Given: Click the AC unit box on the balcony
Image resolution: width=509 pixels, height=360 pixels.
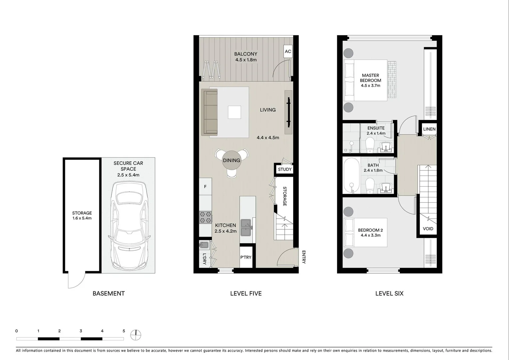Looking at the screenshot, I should pos(288,51).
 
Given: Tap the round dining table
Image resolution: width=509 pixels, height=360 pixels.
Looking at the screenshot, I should pos(232,161).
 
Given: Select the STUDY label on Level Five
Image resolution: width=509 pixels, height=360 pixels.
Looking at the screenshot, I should pos(284,169).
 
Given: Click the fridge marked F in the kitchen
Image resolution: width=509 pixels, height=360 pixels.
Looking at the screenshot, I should pos(205,187).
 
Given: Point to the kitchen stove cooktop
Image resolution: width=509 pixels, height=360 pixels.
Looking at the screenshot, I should pos(206,217).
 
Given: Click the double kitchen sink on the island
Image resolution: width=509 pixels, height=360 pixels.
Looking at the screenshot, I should pos(247,227).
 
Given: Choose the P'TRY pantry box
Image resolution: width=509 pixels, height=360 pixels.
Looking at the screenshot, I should pos(246,257).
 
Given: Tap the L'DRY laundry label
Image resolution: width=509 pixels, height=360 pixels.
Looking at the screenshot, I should pos(205,259).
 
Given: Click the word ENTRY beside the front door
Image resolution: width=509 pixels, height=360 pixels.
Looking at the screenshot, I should pos(303,257).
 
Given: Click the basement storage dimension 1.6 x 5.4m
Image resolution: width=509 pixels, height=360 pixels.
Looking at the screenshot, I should pos(82,218).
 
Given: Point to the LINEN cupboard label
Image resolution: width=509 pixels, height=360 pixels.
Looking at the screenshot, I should pos(429,129).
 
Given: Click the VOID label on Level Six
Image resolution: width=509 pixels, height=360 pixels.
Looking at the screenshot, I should pos(428,229).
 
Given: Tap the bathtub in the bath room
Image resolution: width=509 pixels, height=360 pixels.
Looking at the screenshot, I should pos(351,175).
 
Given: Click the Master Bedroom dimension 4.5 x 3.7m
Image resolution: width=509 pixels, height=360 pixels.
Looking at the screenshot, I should pos(370,86).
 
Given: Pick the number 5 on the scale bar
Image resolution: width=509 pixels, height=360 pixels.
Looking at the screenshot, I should pos(124,331).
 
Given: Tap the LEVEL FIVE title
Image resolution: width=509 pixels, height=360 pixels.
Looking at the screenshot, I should pos(246,293).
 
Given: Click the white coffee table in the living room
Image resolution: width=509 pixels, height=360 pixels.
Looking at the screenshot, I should pos(235,112).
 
